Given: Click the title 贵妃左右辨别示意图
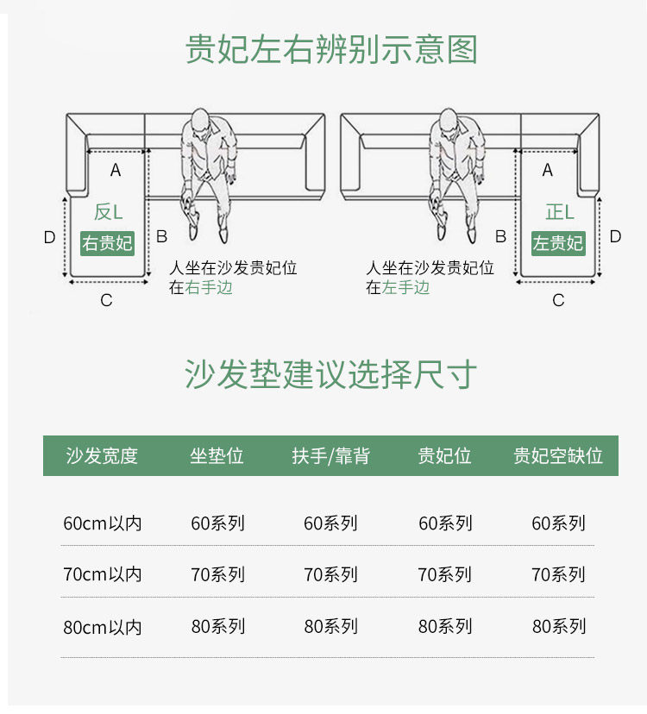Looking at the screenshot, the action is (331, 50).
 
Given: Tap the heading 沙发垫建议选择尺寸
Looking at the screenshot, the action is (331, 375).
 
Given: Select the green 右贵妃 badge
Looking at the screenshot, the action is (108, 243).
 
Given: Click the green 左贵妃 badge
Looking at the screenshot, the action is (557, 243).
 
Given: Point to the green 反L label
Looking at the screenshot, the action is (109, 211).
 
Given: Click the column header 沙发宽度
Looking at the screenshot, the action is (102, 455).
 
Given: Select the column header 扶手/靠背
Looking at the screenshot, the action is (330, 455).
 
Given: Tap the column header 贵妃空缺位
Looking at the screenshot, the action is (558, 455).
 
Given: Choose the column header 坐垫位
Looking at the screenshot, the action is (217, 455).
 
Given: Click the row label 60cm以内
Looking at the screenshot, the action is (102, 523).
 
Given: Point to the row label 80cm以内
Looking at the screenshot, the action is (102, 627).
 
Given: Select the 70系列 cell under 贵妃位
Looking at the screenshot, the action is (444, 574).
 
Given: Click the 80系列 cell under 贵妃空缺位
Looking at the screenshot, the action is (558, 627).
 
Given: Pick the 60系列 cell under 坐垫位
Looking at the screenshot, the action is (217, 523).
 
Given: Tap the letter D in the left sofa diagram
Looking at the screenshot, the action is (49, 237).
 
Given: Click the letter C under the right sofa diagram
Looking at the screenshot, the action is (558, 300).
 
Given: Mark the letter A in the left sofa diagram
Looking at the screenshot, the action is (116, 171).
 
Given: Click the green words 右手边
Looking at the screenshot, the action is (209, 287).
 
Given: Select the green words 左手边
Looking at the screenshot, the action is (405, 287).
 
